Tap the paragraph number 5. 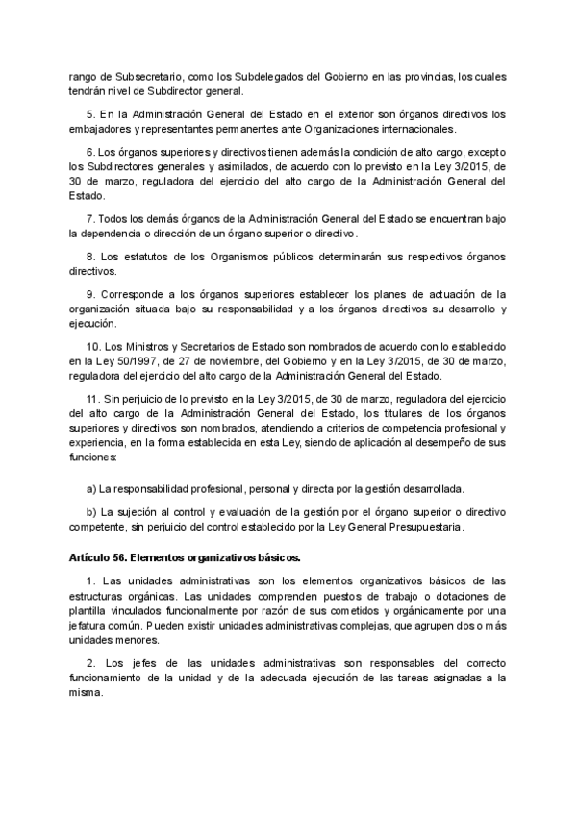[89, 114]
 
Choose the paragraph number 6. [89, 153]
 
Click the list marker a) [92, 489]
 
